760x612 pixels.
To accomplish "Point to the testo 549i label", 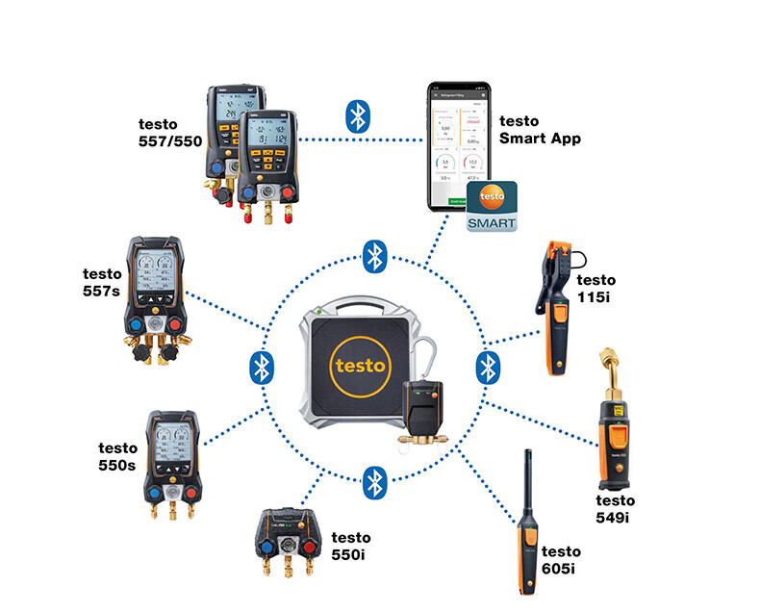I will [x=616, y=509].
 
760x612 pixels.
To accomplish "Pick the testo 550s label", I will [x=117, y=456].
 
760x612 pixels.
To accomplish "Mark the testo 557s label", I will [x=101, y=282].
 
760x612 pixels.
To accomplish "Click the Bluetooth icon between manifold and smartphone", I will [x=358, y=116].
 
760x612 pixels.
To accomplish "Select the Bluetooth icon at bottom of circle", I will [x=374, y=479].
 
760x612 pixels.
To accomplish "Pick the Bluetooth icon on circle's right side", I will [x=488, y=367].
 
